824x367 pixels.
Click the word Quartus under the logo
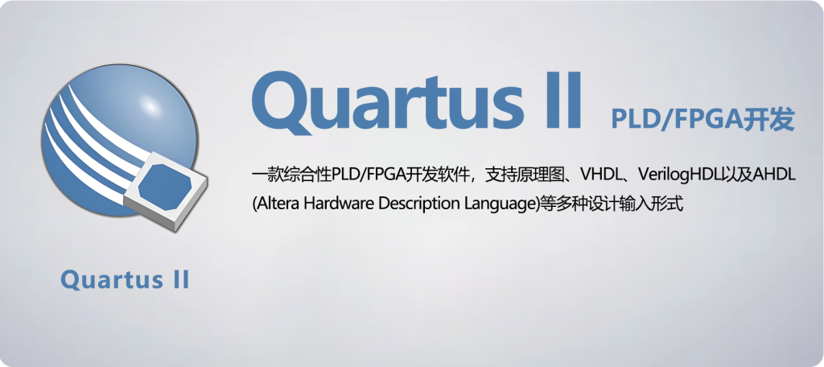pyautogui.click(x=103, y=280)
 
